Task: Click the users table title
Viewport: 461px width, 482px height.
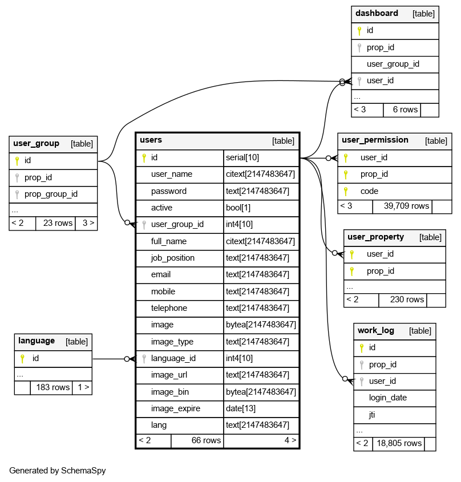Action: pyautogui.click(x=151, y=140)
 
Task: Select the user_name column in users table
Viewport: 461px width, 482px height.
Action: pyautogui.click(x=172, y=174)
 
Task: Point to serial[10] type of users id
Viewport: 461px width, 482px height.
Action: pyautogui.click(x=242, y=157)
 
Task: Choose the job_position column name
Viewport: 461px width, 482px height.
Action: pyautogui.click(x=173, y=258)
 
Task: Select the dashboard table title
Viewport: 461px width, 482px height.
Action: pyautogui.click(x=377, y=13)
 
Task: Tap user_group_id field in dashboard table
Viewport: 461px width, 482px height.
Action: pyautogui.click(x=393, y=64)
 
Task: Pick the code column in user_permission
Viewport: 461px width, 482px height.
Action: pyautogui.click(x=369, y=191)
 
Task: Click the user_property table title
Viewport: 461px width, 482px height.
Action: pyautogui.click(x=375, y=237)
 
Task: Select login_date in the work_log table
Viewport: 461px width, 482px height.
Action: pyautogui.click(x=388, y=398)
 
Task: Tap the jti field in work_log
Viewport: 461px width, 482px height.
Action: pyautogui.click(x=372, y=415)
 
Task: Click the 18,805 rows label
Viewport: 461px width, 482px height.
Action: pyautogui.click(x=398, y=443)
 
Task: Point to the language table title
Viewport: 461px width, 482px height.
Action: pyautogui.click(x=37, y=341)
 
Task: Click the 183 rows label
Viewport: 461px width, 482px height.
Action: pyautogui.click(x=52, y=387)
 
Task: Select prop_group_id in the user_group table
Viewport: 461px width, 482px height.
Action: pyautogui.click(x=51, y=194)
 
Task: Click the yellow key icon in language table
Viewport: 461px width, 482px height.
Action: pyautogui.click(x=22, y=359)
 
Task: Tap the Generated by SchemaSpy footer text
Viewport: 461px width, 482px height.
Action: pyautogui.click(x=58, y=471)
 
